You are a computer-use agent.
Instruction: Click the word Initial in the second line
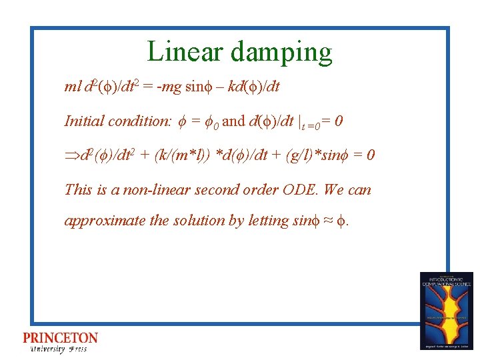(x=84, y=121)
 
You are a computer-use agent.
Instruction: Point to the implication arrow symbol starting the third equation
(x=71, y=156)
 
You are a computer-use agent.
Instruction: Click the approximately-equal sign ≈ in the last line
(x=322, y=221)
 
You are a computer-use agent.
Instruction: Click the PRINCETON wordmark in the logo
(x=60, y=338)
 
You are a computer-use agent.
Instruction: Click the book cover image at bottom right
(x=446, y=310)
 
